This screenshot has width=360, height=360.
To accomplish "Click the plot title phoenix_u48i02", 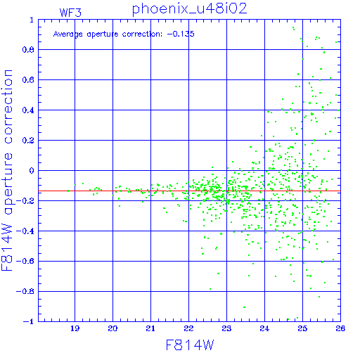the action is [x=190, y=9].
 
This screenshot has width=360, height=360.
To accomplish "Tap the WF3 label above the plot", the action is [x=70, y=13].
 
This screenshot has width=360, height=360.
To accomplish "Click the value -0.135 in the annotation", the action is [x=181, y=34].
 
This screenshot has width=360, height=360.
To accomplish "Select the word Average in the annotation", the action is [x=68, y=34].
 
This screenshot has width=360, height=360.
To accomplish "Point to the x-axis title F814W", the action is [x=190, y=345].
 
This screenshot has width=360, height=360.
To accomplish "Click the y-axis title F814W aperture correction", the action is [x=7, y=170].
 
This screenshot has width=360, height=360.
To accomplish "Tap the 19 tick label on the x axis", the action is [x=75, y=328].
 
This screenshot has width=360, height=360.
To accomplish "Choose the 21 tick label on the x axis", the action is [x=150, y=328].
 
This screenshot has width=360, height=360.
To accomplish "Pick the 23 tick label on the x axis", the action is [x=226, y=328].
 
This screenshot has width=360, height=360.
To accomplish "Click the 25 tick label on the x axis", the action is [x=302, y=328].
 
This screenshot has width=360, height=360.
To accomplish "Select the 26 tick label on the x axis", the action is [x=340, y=328].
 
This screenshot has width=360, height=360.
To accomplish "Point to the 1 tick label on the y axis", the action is [x=32, y=20].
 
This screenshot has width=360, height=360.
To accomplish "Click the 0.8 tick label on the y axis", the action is [x=28, y=50].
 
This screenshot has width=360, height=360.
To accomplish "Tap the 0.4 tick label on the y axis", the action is [x=28, y=110].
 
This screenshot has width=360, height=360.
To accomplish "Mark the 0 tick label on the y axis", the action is [x=32, y=171].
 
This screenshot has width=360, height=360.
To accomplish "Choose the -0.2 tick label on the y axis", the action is [x=25, y=201].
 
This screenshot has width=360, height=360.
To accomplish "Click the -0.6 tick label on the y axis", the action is [x=25, y=262].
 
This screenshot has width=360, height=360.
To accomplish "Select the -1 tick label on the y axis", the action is [x=29, y=322].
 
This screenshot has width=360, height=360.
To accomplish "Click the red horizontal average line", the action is [x=189, y=191].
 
